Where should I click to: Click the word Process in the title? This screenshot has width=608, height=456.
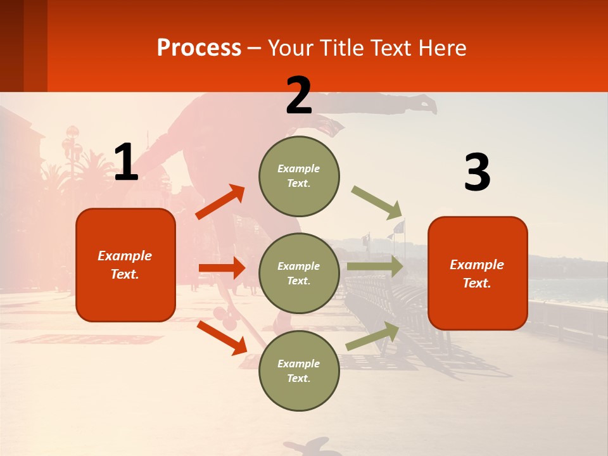199,48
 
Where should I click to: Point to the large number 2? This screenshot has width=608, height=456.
299,96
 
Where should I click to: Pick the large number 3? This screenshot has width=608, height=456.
477,172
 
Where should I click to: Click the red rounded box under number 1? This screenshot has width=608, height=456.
125,265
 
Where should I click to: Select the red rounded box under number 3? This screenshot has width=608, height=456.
478,273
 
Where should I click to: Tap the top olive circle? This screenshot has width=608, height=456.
299,176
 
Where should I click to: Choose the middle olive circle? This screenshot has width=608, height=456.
299,273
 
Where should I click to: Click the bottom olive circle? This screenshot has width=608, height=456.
299,370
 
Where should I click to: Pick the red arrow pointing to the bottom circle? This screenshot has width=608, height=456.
222,338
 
